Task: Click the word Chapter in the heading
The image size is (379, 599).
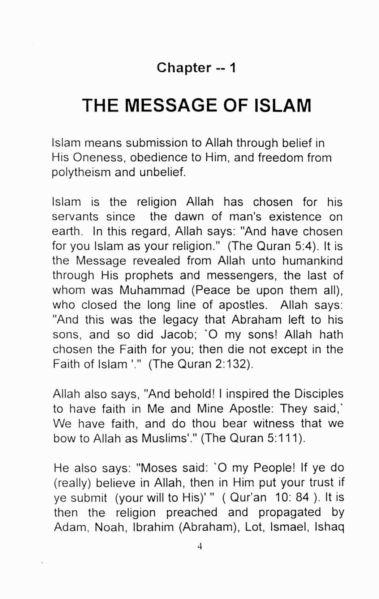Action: point(184,68)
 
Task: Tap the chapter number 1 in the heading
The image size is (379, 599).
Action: point(233,68)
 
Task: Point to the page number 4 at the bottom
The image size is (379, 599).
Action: point(199,547)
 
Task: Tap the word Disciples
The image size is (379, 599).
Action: point(318,394)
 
